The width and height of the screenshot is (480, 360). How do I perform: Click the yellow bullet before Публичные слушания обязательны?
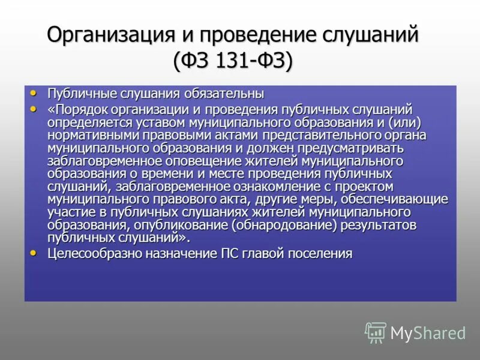[34, 92]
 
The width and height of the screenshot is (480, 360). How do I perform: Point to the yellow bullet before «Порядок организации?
[34, 108]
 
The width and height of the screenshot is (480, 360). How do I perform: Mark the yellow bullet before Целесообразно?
[34, 253]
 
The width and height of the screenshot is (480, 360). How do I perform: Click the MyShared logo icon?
[376, 332]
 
